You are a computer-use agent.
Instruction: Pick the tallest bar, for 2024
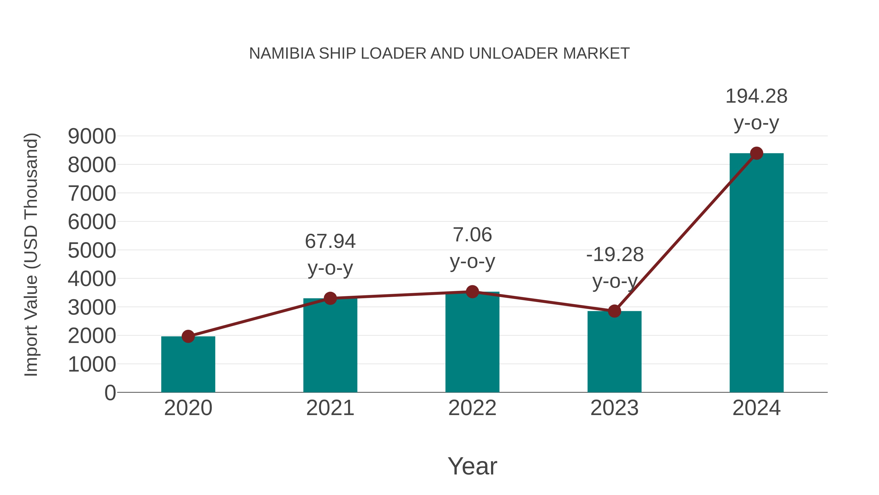[x=756, y=273]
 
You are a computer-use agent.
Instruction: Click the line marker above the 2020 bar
[x=188, y=337]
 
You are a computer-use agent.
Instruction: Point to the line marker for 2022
[x=472, y=292]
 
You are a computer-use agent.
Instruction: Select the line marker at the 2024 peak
[x=756, y=153]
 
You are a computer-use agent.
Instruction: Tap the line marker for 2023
[x=614, y=311]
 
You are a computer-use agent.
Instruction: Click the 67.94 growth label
[x=330, y=242]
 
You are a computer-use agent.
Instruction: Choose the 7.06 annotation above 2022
[x=472, y=235]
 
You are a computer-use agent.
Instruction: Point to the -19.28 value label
[x=615, y=255]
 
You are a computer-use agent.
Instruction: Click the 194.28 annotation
[x=756, y=96]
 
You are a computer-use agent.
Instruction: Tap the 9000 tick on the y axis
[x=92, y=136]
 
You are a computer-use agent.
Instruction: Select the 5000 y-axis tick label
[x=92, y=250]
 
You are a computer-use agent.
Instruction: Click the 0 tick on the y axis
[x=110, y=393]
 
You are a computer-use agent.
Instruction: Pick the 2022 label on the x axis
[x=472, y=408]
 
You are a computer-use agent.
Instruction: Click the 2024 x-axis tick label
[x=756, y=408]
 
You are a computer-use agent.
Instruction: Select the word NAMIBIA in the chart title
[x=282, y=54]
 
